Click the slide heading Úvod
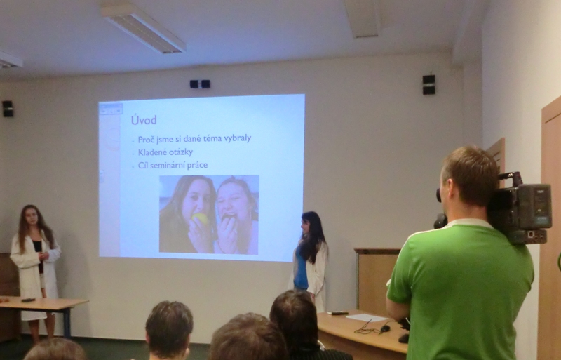click(x=144, y=119)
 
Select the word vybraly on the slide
click(x=238, y=138)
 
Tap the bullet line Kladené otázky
click(x=165, y=152)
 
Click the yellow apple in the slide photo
click(x=200, y=218)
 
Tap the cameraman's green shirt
click(x=461, y=290)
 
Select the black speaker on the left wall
click(x=8, y=109)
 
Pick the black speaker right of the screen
click(x=428, y=84)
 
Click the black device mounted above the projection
click(x=200, y=84)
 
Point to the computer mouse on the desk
click(x=385, y=328)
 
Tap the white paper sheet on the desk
click(x=367, y=317)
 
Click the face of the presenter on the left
click(x=32, y=217)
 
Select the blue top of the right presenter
click(x=301, y=270)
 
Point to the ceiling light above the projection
click(x=143, y=28)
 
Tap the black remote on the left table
click(x=28, y=300)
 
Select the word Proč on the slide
click(x=146, y=140)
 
